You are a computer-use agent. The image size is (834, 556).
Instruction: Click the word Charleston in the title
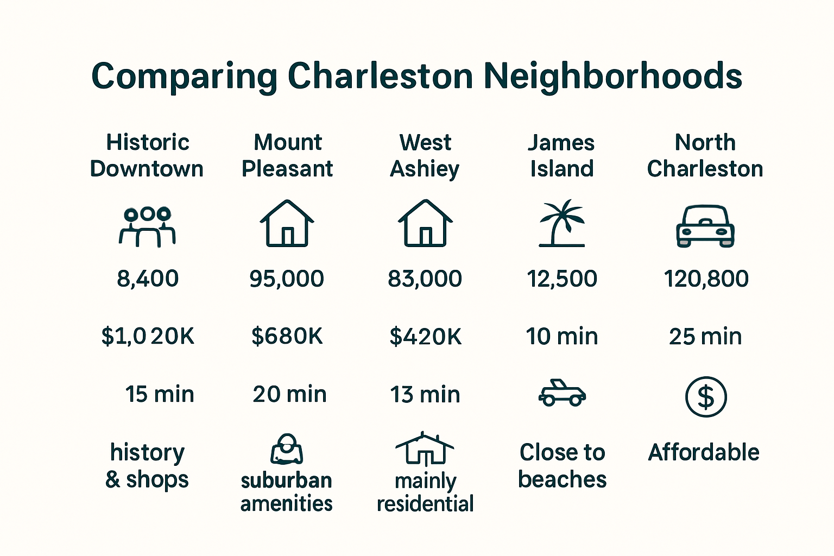(380, 76)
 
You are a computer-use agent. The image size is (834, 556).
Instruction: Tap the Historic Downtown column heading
(147, 156)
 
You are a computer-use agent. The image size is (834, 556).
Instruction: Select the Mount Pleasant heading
(287, 156)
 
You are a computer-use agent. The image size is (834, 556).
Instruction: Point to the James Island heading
(561, 156)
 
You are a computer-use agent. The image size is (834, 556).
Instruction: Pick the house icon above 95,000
(287, 224)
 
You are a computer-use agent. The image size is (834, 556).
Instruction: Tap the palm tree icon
(562, 224)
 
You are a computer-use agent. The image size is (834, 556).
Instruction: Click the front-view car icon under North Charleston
(705, 226)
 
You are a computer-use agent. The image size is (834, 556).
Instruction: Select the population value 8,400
(148, 279)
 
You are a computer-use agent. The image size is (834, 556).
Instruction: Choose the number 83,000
(425, 279)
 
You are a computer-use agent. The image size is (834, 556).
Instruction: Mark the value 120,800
(706, 279)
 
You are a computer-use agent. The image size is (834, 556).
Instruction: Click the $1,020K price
(148, 337)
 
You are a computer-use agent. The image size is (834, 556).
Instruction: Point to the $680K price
(287, 337)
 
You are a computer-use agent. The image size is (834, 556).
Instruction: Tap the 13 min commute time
(425, 395)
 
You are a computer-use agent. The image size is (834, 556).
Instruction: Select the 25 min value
(705, 337)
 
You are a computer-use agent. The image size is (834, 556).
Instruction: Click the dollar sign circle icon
(706, 397)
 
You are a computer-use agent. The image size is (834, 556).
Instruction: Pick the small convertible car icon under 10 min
(562, 393)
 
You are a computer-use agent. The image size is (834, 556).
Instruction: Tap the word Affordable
(704, 452)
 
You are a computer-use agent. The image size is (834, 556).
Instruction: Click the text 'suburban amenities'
(287, 492)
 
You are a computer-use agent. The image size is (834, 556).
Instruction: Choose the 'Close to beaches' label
(562, 466)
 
